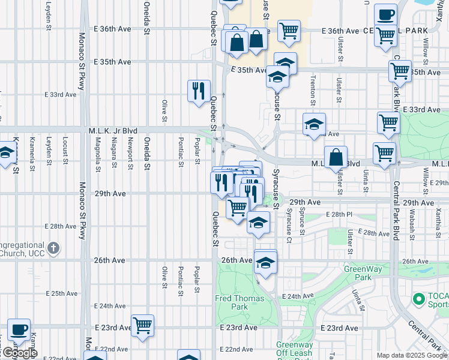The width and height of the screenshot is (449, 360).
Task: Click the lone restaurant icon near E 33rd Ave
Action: tap(199, 91)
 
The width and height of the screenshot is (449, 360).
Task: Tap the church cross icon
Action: tap(53, 248)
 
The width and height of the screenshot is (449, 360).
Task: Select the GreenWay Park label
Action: tap(363, 273)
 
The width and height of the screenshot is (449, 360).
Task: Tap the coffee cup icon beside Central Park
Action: tap(385, 15)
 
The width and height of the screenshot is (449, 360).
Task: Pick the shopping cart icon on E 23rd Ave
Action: tap(143, 326)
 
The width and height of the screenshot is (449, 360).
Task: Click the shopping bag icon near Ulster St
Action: tap(337, 157)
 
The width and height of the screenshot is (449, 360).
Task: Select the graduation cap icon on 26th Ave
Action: tap(265, 262)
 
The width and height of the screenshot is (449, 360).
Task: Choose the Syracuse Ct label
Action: tap(289, 223)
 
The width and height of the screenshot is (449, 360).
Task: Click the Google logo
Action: tap(19, 353)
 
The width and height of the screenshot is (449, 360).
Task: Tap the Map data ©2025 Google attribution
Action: tap(412, 355)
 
